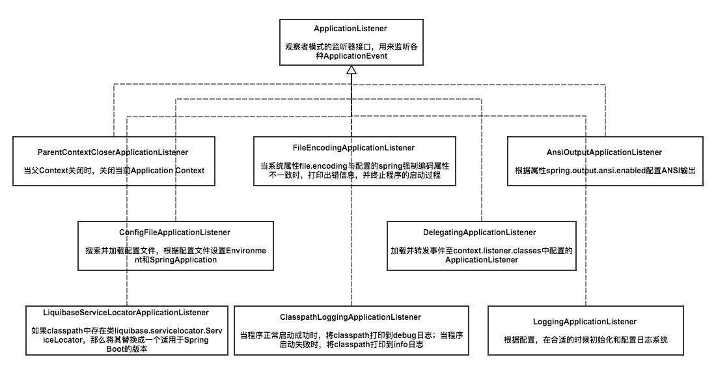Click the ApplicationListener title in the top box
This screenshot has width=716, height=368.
click(x=350, y=29)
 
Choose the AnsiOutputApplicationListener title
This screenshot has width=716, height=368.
click(x=605, y=152)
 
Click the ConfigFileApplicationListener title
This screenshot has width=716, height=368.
click(x=174, y=232)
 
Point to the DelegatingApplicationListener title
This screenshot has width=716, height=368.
click(x=481, y=232)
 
